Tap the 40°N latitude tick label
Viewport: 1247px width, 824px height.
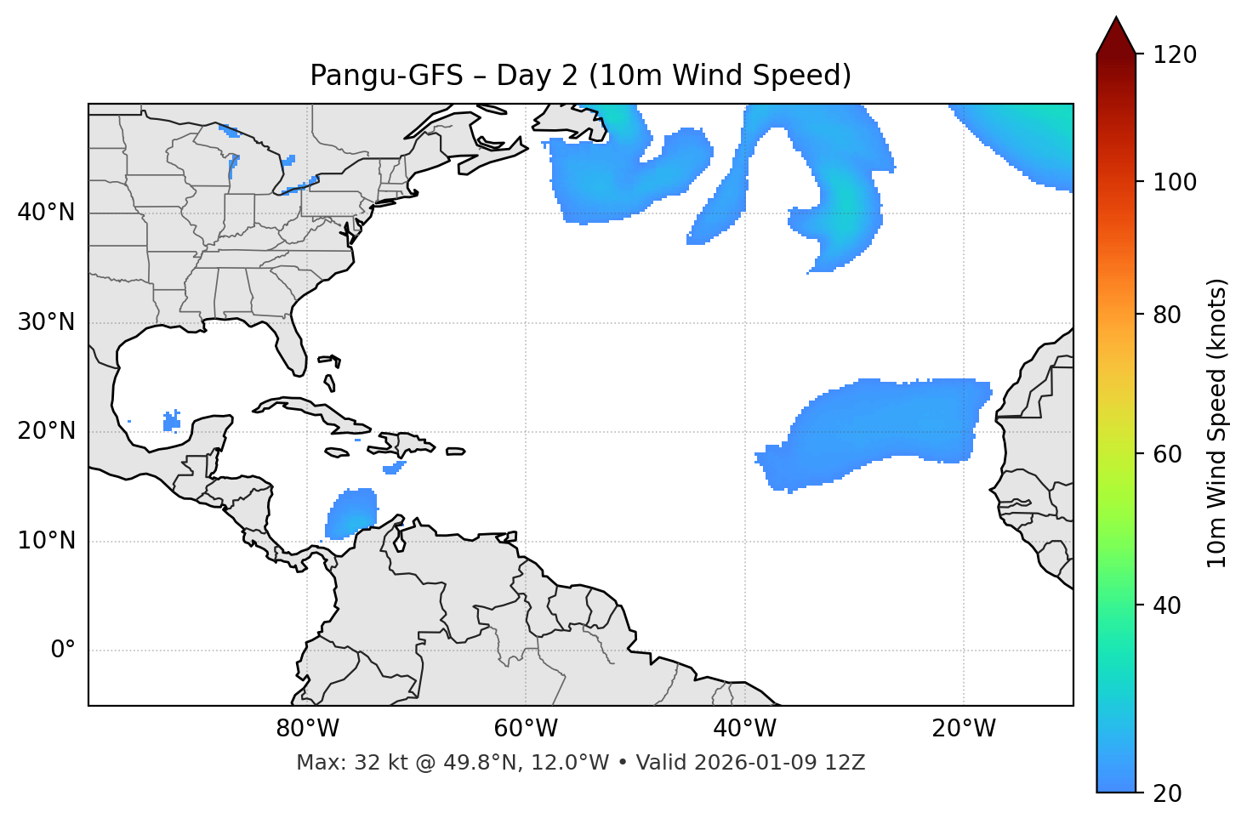(x=46, y=213)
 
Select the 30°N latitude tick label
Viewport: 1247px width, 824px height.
(x=46, y=322)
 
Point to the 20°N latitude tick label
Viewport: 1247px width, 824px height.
(x=46, y=431)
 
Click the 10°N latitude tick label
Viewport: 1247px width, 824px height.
(x=46, y=541)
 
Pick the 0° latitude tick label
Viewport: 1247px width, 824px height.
(x=63, y=651)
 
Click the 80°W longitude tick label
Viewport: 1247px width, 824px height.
(x=307, y=729)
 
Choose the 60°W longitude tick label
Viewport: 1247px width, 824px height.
(x=526, y=729)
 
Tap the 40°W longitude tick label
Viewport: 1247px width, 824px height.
(x=744, y=729)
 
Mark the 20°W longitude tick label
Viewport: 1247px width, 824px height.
(x=963, y=729)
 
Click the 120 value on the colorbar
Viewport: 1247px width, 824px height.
(x=1175, y=55)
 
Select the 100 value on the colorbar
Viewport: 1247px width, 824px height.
(x=1175, y=182)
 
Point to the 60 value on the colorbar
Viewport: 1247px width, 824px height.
(x=1169, y=454)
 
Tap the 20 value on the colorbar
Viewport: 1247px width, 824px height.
(x=1169, y=793)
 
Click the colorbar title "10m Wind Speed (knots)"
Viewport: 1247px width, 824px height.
(x=1217, y=423)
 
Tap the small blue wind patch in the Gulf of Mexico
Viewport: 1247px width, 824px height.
(x=172, y=421)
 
